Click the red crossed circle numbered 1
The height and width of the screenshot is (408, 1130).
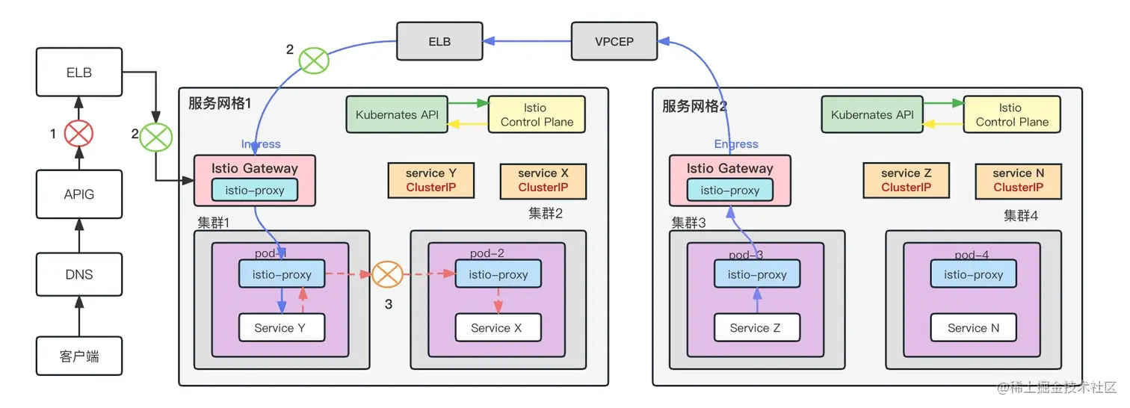[x=78, y=135]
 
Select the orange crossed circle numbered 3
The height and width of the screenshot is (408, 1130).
[x=387, y=274]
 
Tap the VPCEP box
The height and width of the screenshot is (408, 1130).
[x=613, y=41]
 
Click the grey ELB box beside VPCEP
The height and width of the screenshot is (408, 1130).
[x=439, y=41]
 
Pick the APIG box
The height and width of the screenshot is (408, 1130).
[x=79, y=194]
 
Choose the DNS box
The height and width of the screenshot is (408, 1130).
[x=79, y=274]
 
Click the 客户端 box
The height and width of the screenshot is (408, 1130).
[x=79, y=356]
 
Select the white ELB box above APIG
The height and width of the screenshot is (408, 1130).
[x=79, y=72]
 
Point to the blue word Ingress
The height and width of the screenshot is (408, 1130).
[x=261, y=144]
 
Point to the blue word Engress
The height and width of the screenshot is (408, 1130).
[x=735, y=144]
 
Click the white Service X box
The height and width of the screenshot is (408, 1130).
[x=498, y=328]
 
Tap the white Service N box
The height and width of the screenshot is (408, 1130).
[x=973, y=328]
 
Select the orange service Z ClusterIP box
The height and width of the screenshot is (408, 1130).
[x=906, y=181]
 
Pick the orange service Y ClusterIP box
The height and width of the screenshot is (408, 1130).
[x=431, y=181]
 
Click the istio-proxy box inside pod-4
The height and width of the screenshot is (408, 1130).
[x=973, y=274]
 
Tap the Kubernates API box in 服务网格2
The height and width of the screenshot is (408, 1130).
[x=872, y=115]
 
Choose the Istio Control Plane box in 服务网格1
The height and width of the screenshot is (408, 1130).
[x=537, y=115]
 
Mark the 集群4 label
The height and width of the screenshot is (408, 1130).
[x=1020, y=216]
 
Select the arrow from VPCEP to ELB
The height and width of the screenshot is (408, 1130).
[x=527, y=41]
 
